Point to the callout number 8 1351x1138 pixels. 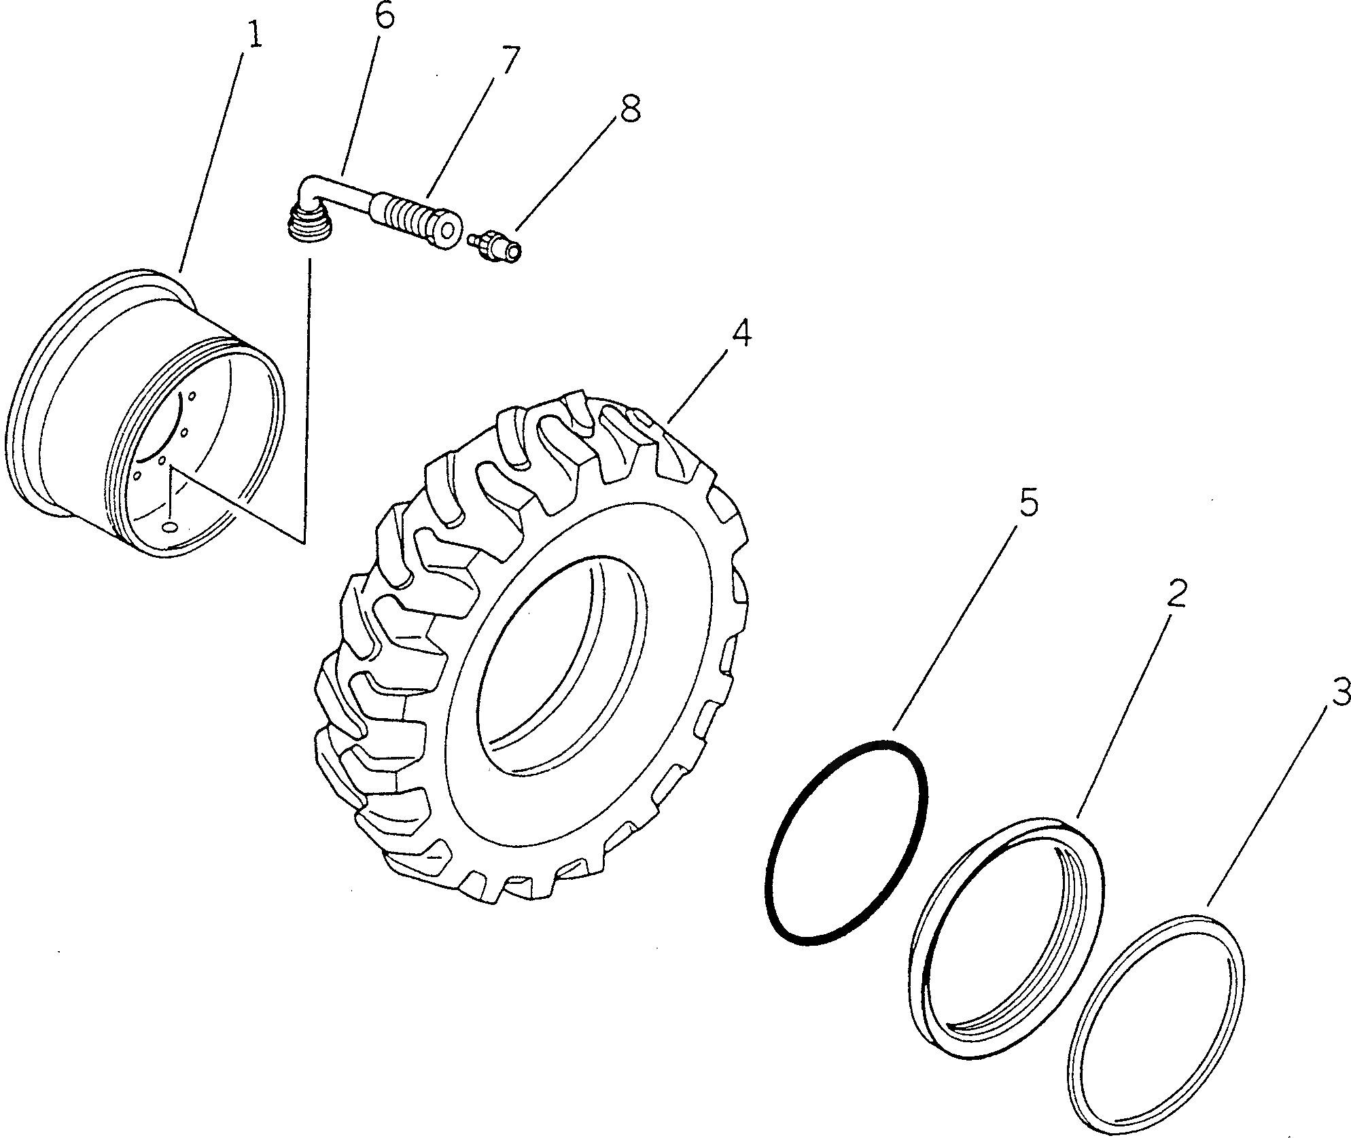point(629,109)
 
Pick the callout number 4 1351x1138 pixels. point(740,334)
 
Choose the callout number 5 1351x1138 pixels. point(1028,504)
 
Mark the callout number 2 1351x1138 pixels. point(1176,593)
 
